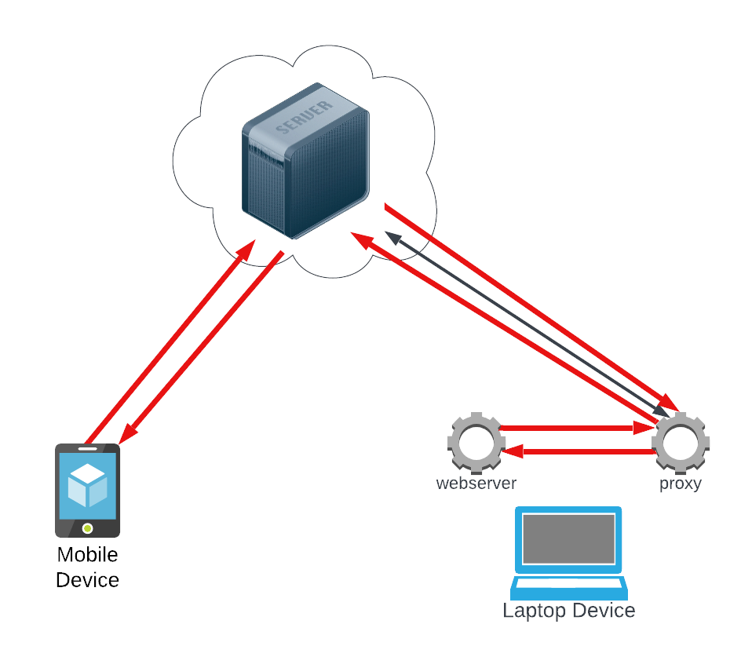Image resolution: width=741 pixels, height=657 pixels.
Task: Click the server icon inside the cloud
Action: tap(305, 161)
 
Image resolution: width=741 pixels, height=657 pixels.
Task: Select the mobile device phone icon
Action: tap(87, 491)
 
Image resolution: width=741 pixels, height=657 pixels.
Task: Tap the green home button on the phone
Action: tap(87, 527)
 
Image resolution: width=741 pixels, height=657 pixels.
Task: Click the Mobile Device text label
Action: tap(88, 568)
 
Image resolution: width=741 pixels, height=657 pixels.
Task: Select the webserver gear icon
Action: tap(476, 440)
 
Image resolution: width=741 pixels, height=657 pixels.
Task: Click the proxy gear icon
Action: tap(681, 440)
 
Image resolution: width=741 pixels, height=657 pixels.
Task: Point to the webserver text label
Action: tap(476, 484)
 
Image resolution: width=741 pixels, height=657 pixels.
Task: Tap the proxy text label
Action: tap(680, 484)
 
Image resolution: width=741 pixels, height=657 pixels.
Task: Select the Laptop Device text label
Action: tap(568, 611)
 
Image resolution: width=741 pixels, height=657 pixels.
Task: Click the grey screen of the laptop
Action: tap(568, 538)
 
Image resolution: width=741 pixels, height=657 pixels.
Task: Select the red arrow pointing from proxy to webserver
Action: tap(581, 451)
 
